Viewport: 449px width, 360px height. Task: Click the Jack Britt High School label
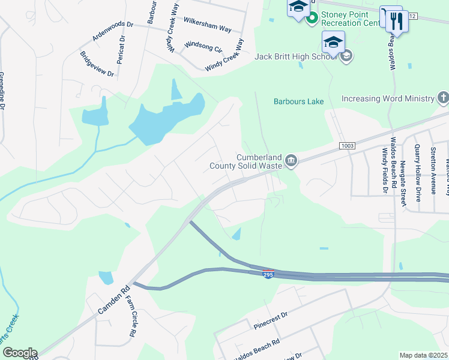295,56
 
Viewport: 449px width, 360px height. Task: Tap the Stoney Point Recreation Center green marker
312,19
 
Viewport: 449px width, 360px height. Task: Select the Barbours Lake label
299,101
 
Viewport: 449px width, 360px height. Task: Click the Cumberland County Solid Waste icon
291,160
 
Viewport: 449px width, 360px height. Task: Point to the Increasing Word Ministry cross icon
443,98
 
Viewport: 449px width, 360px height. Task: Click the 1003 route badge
347,146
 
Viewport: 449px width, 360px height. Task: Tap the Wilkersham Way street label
207,24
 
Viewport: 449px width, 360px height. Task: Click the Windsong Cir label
203,46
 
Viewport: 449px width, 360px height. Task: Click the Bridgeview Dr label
97,64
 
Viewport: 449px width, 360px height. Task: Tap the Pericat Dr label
122,47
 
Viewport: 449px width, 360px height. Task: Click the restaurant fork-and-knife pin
397,22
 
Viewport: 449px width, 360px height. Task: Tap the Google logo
19,353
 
